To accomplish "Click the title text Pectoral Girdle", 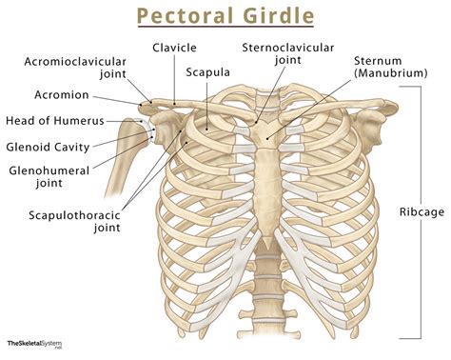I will point(225,16).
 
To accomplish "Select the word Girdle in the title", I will point(269,16).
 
